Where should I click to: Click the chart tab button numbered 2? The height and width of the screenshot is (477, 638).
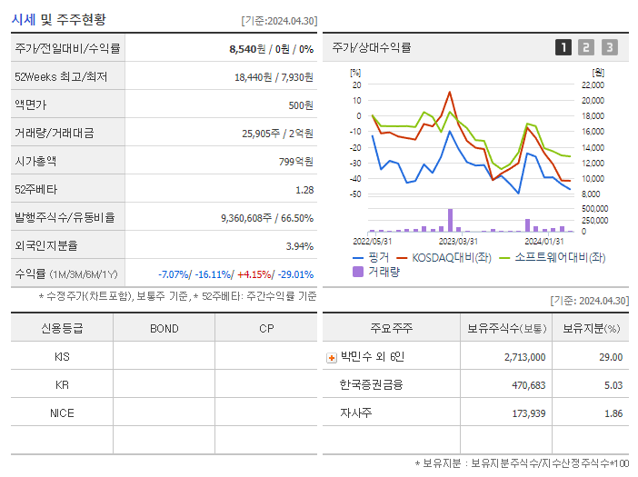(586, 47)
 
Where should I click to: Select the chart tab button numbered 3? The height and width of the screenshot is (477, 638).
(609, 47)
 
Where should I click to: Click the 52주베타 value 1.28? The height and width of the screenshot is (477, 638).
(304, 190)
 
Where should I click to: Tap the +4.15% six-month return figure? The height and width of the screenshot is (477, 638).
(255, 274)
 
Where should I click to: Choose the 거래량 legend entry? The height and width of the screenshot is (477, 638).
(383, 271)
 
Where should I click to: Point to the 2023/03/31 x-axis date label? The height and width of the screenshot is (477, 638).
(458, 241)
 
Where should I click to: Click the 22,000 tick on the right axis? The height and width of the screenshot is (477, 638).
(592, 84)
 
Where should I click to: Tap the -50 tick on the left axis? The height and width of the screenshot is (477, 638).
(355, 194)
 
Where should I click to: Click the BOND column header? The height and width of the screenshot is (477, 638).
(164, 328)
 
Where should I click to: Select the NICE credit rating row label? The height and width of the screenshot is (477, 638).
(62, 412)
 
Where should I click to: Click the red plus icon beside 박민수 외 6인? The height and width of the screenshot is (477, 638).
(331, 357)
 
